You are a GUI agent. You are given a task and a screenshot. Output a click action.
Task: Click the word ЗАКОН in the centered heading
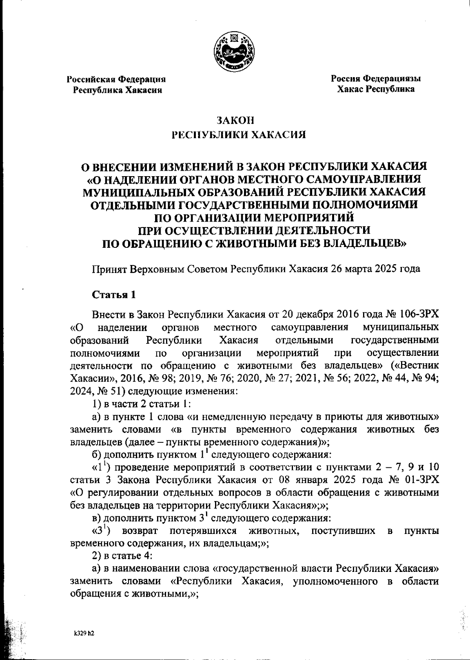234,120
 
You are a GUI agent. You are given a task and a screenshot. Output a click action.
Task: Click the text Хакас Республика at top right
376,89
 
